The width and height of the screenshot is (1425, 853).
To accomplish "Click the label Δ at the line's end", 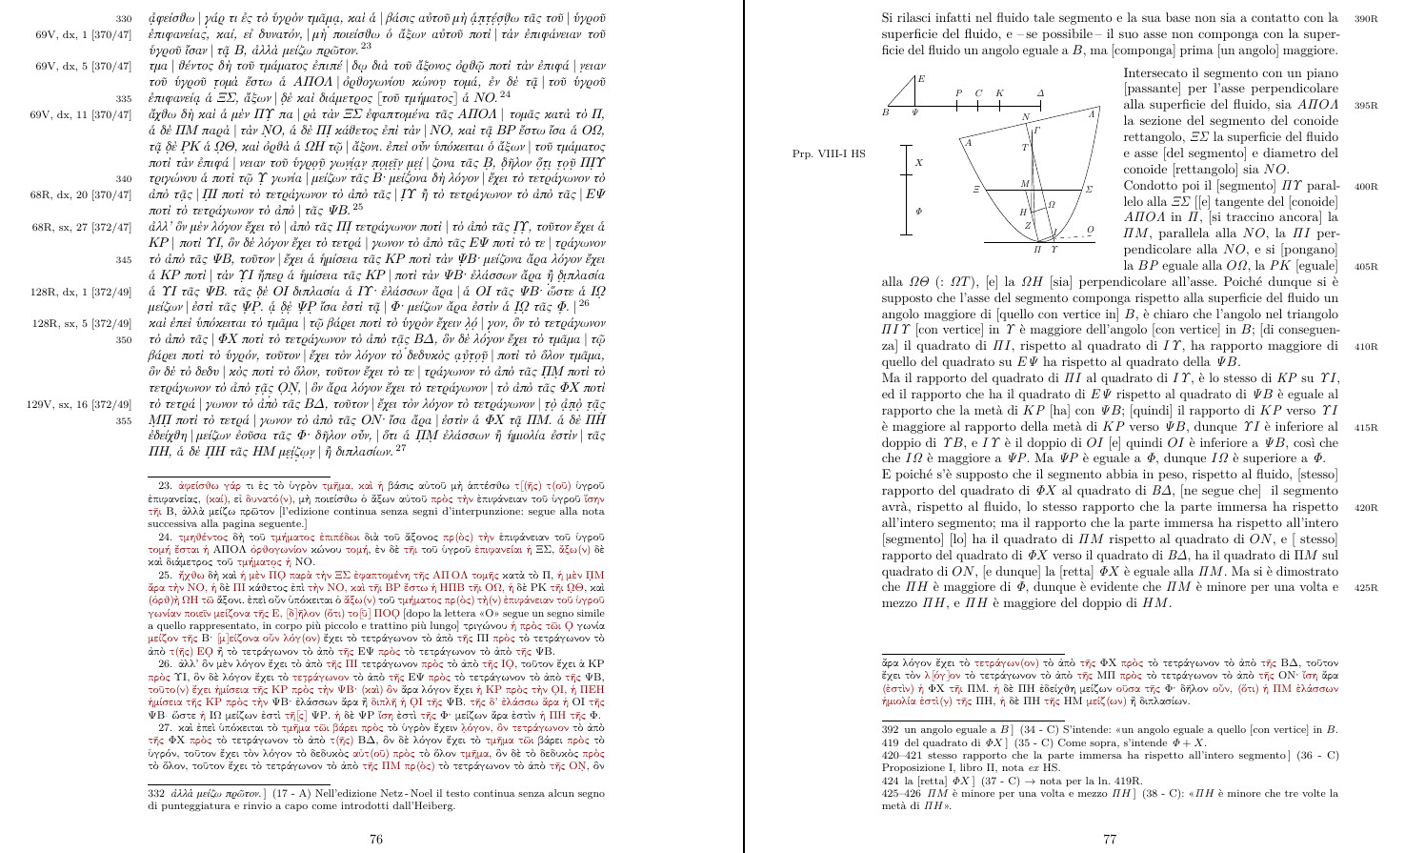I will pos(1040,92).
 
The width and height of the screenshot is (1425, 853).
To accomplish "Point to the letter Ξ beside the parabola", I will pos(977,190).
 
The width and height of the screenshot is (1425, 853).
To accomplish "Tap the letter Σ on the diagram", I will pos(1089,190).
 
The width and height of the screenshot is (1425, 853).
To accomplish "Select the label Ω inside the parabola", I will pos(1052,204).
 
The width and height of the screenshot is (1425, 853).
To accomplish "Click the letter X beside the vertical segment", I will pos(918,163).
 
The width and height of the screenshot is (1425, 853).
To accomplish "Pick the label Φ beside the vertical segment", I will pos(918,211).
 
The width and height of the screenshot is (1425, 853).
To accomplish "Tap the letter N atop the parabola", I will pos(1025,118).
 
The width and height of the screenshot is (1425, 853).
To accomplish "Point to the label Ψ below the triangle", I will pos(913,112).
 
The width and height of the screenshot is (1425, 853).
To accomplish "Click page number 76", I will pos(376,839).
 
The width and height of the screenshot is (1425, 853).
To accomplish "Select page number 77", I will pos(1110,839).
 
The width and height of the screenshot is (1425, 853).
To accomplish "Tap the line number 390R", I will pos(1366,19).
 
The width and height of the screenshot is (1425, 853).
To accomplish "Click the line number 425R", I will pos(1366,588).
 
